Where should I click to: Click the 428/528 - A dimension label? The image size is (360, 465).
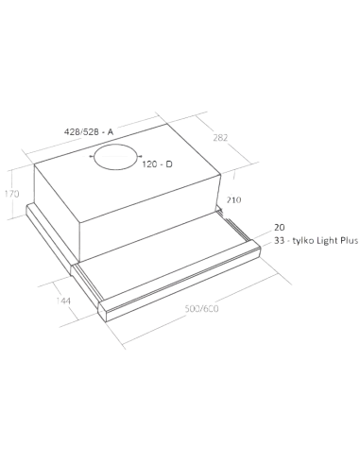click(x=89, y=131)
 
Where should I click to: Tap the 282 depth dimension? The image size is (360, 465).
click(x=220, y=138)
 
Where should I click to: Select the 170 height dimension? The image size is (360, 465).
click(x=12, y=194)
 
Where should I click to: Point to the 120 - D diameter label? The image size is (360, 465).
click(x=157, y=164)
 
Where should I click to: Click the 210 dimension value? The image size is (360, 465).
click(x=234, y=199)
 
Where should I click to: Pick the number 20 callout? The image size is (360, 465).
click(x=280, y=227)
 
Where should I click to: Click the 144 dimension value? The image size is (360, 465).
click(x=63, y=301)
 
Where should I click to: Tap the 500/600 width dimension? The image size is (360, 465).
click(x=201, y=309)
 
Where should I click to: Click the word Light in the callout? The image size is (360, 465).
click(x=328, y=241)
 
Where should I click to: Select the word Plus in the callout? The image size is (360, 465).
click(x=350, y=241)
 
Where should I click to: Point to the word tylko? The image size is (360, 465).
click(x=303, y=241)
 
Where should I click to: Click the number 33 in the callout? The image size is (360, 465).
click(x=279, y=241)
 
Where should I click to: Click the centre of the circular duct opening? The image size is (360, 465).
click(x=115, y=157)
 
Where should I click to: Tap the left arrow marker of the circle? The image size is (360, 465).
click(x=91, y=156)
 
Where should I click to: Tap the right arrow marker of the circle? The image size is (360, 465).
click(x=140, y=155)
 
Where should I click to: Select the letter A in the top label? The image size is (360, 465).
click(x=111, y=131)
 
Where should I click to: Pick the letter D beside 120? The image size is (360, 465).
click(x=169, y=164)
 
